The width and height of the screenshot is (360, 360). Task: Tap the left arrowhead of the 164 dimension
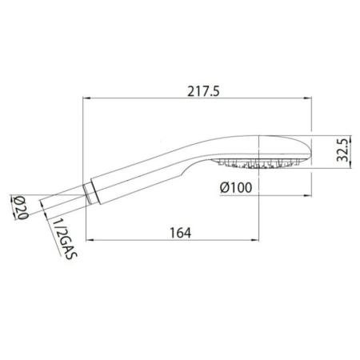pos(87,239)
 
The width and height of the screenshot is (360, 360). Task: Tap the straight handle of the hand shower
pos(132,175)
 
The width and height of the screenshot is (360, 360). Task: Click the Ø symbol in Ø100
pos(226,189)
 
